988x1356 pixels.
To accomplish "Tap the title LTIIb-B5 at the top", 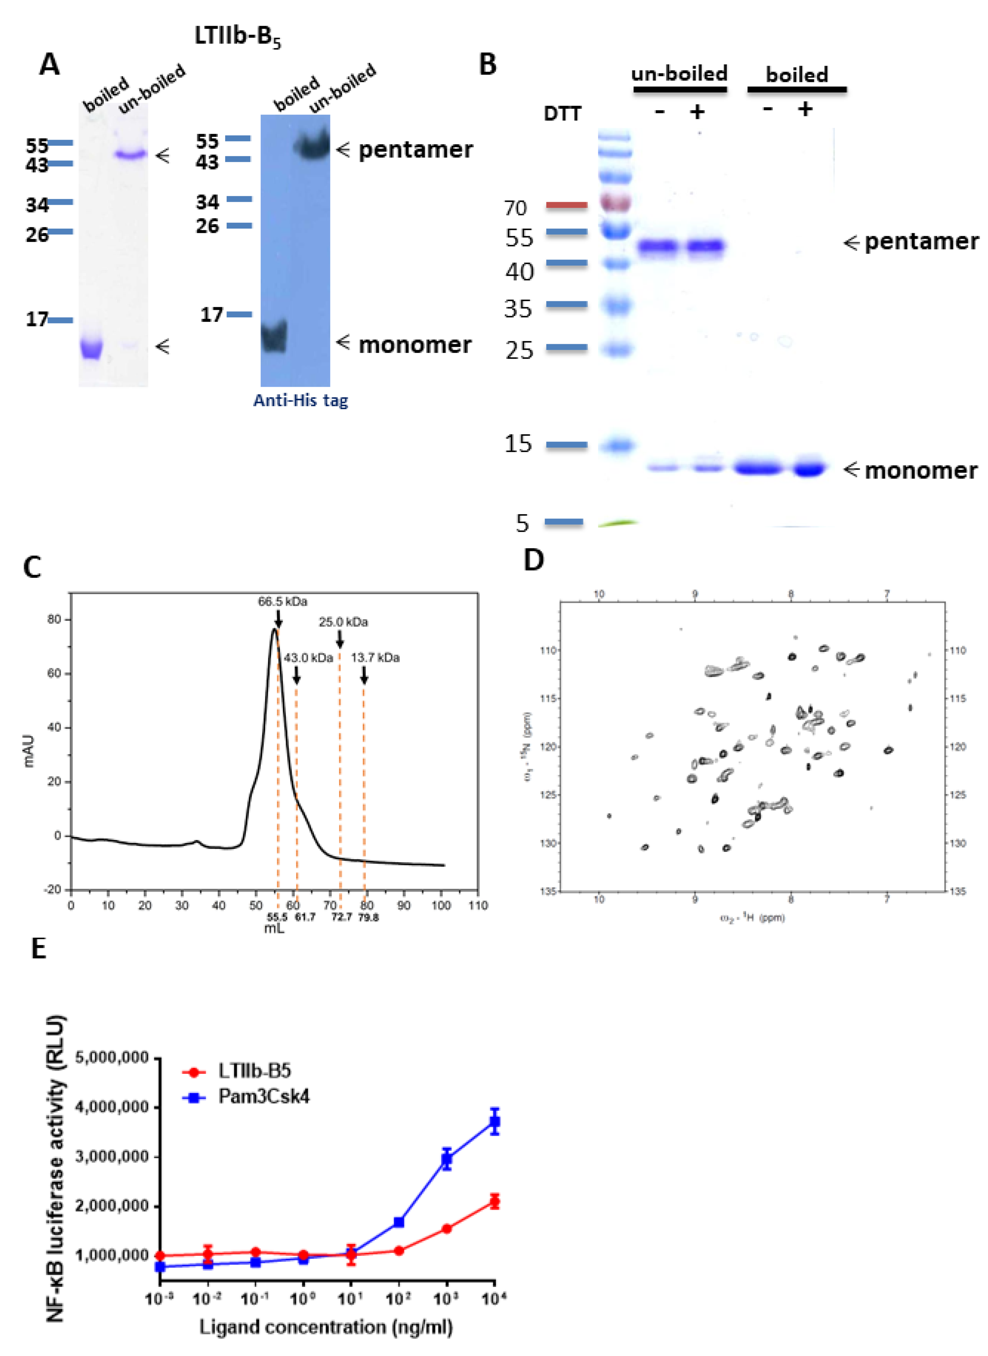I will tap(237, 37).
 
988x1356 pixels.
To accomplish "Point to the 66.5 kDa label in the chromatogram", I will tap(282, 601).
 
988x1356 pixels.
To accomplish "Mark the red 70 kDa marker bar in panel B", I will tap(566, 205).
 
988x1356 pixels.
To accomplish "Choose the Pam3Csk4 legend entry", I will tap(264, 1096).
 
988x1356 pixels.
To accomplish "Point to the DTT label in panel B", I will tap(562, 114).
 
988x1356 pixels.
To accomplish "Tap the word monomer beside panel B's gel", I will tap(921, 471).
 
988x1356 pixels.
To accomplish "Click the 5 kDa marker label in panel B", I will tap(523, 523).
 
